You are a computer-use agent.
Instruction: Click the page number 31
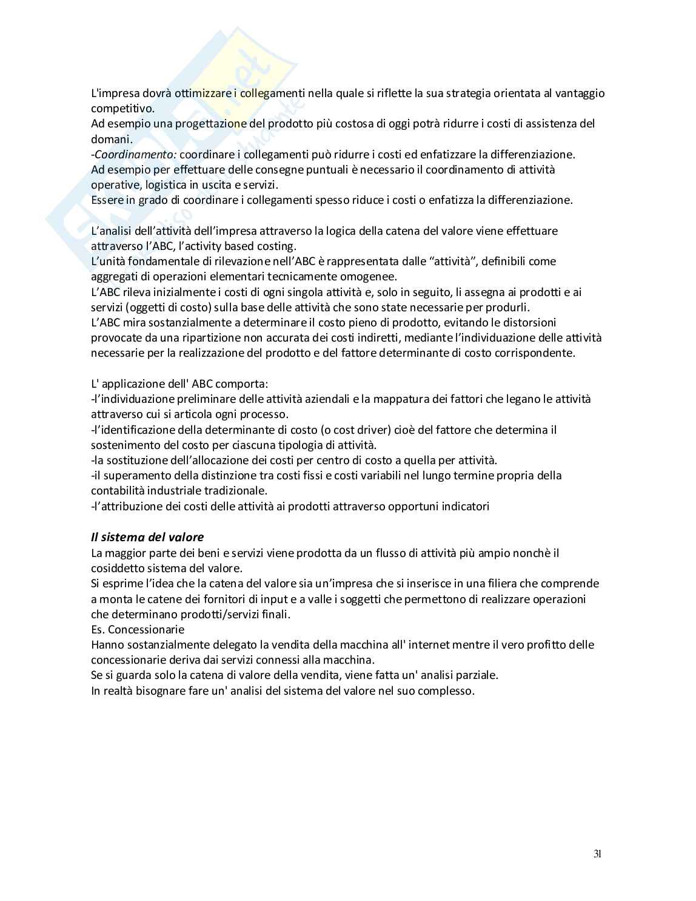click(x=597, y=854)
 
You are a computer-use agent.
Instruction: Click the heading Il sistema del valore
click(x=147, y=537)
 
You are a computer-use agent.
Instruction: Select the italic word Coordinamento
click(x=135, y=154)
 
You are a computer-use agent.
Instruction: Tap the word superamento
click(x=133, y=475)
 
